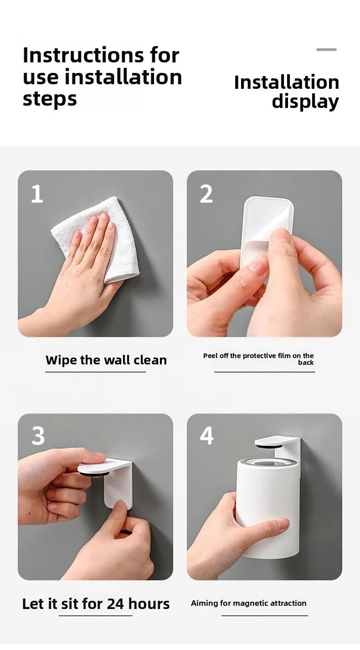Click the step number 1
click(x=37, y=194)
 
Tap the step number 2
click(x=206, y=194)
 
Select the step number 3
click(x=38, y=435)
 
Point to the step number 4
click(x=207, y=435)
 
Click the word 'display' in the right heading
click(x=305, y=102)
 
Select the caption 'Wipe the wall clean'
click(x=106, y=360)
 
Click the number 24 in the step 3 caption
click(x=115, y=604)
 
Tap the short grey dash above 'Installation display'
click(x=326, y=50)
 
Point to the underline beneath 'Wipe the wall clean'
click(x=96, y=372)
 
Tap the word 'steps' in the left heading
click(x=50, y=99)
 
